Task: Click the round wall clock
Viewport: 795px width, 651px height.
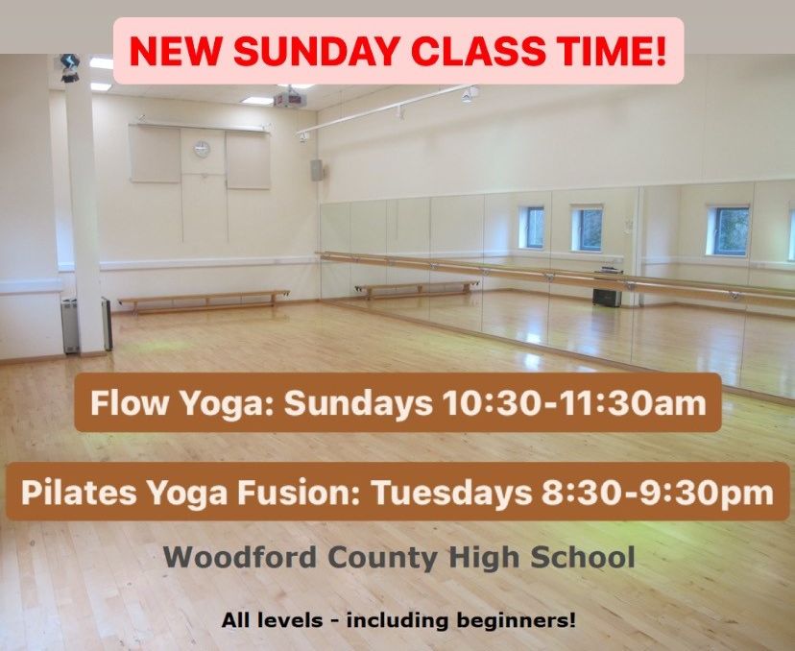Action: click(202, 149)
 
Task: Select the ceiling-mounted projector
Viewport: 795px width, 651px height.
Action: click(290, 98)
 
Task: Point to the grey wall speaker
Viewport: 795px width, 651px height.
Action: click(317, 170)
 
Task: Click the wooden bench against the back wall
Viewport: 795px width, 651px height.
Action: click(204, 301)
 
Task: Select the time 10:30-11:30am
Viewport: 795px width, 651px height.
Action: click(574, 403)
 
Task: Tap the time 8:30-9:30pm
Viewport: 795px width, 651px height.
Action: click(658, 493)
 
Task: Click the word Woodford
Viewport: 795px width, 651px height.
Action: click(240, 557)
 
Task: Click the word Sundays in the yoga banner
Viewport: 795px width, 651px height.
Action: click(358, 404)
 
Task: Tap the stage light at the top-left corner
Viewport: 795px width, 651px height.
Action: click(69, 68)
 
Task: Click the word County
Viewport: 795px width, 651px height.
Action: click(383, 558)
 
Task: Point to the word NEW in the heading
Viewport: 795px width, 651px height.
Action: click(176, 51)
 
